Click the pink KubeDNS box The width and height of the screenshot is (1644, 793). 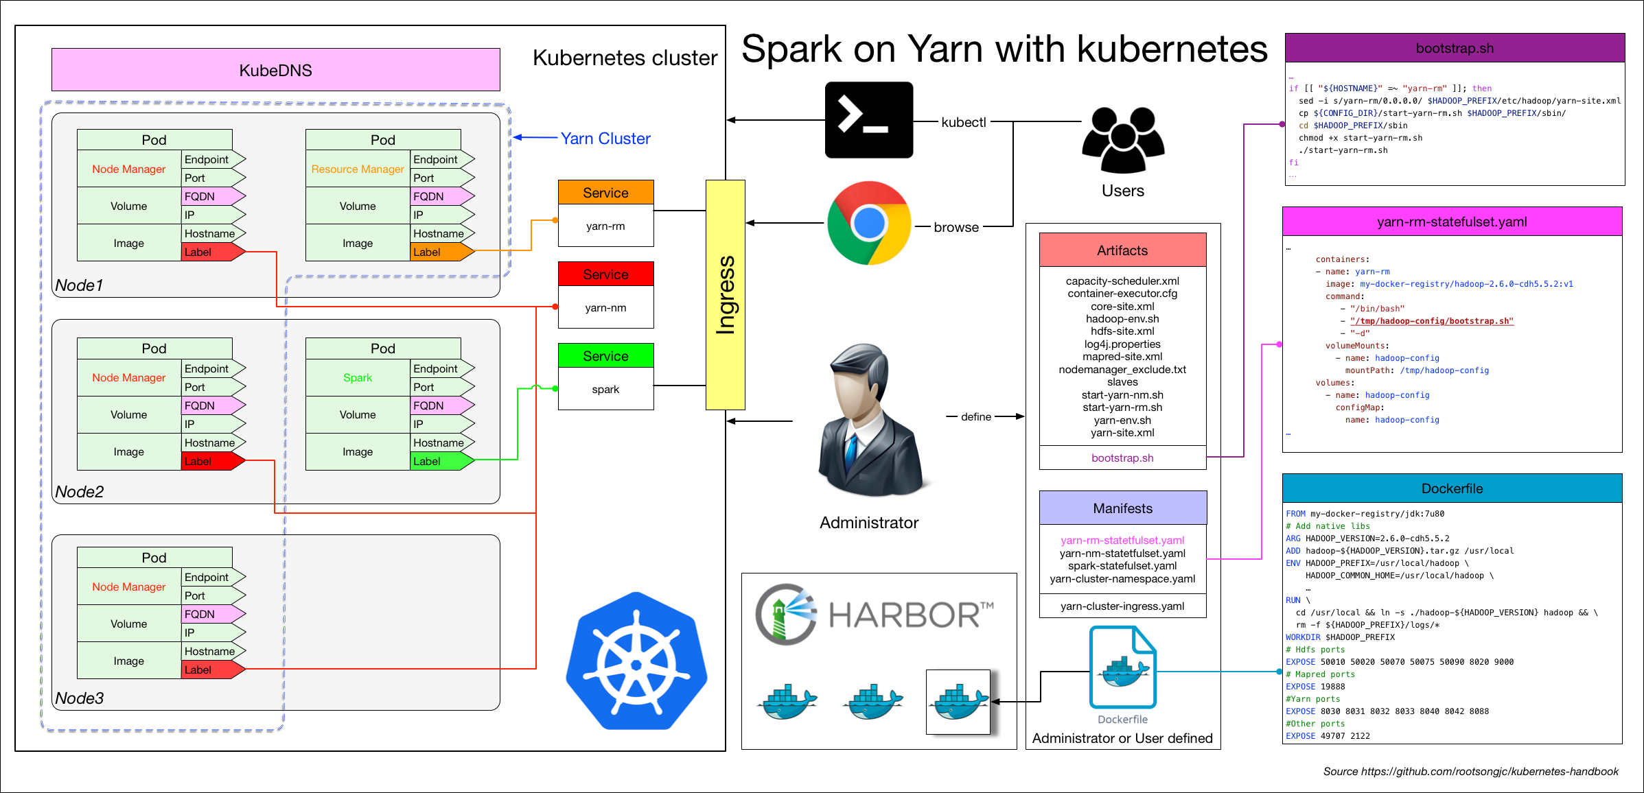[x=275, y=70]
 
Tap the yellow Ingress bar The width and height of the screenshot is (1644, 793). [x=725, y=295]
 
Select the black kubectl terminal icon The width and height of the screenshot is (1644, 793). [x=868, y=120]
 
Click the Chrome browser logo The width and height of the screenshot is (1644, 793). [x=869, y=223]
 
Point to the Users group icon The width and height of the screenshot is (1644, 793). [x=1123, y=141]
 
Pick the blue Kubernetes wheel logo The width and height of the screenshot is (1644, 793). [x=636, y=662]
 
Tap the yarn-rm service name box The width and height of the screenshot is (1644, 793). [x=605, y=226]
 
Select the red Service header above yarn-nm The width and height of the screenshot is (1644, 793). [x=605, y=274]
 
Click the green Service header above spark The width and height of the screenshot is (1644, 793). [x=605, y=356]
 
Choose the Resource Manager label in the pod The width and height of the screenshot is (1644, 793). [x=358, y=169]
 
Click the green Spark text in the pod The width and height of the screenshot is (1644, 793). [x=358, y=378]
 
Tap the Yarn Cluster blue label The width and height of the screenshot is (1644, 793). [x=605, y=139]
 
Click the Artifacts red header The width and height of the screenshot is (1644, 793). [x=1122, y=250]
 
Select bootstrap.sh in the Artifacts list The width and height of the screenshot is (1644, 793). [x=1122, y=458]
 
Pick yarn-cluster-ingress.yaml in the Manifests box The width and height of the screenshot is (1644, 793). [x=1122, y=606]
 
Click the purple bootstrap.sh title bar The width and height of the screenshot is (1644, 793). [x=1454, y=49]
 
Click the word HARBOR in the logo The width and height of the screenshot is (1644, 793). [x=905, y=615]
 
